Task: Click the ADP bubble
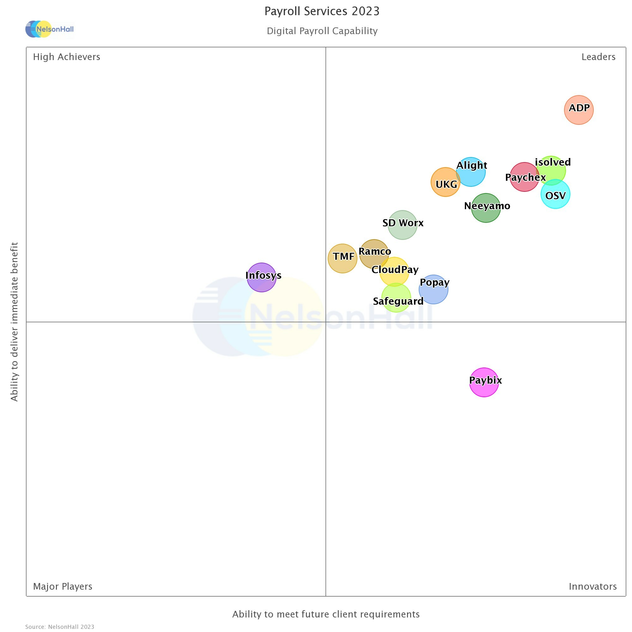pos(579,110)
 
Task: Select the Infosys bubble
pos(261,277)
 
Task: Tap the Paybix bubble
pos(484,382)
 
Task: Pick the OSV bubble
pos(556,194)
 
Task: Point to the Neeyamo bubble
pos(486,208)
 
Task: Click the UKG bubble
pos(445,182)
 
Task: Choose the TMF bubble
pos(343,258)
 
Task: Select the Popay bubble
pos(434,289)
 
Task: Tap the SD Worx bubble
pos(402,225)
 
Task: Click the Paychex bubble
pos(524,177)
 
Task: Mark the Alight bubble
pos(471,172)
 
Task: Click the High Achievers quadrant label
pos(67,57)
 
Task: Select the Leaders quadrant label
pos(598,57)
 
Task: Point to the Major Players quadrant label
pos(63,586)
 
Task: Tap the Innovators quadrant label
pos(593,586)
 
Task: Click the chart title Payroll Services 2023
pos(322,11)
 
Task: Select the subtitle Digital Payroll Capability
pos(322,31)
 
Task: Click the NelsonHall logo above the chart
pos(50,29)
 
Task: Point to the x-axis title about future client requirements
pos(326,614)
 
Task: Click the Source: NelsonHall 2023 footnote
pos(60,627)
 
